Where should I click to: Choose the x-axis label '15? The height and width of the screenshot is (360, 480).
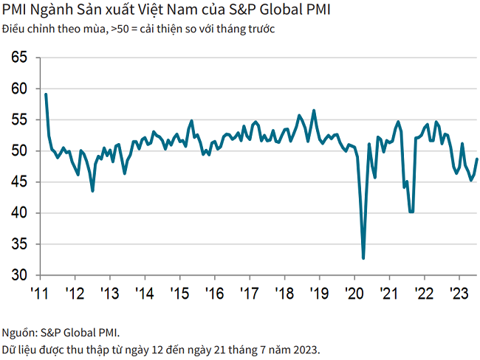tap(179, 294)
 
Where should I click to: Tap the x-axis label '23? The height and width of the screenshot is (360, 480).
tap(459, 294)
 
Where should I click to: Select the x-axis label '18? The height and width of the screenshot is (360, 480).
tap(284, 294)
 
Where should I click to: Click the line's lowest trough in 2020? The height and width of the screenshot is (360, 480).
tap(363, 258)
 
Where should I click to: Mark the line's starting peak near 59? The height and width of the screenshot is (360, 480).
tap(46, 94)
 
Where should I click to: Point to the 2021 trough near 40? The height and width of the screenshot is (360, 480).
tap(411, 212)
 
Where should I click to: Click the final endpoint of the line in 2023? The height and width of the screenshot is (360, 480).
tap(476, 159)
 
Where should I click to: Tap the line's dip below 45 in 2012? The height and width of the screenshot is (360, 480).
tap(92, 191)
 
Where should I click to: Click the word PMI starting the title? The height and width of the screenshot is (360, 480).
tap(15, 11)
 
